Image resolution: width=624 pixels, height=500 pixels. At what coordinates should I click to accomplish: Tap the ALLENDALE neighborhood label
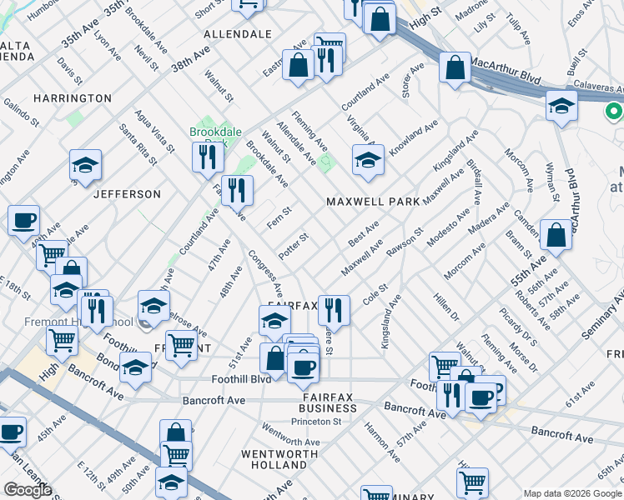point(238,34)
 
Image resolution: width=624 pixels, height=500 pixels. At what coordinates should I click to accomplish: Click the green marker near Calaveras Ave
point(615,111)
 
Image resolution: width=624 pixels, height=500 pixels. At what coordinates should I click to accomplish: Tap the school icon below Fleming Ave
point(367,161)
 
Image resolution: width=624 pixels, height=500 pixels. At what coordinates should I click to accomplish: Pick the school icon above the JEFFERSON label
point(85,165)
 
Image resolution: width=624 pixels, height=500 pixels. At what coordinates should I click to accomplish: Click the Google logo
point(27,490)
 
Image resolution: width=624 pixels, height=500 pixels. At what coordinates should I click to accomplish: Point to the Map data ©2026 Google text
point(571,493)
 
